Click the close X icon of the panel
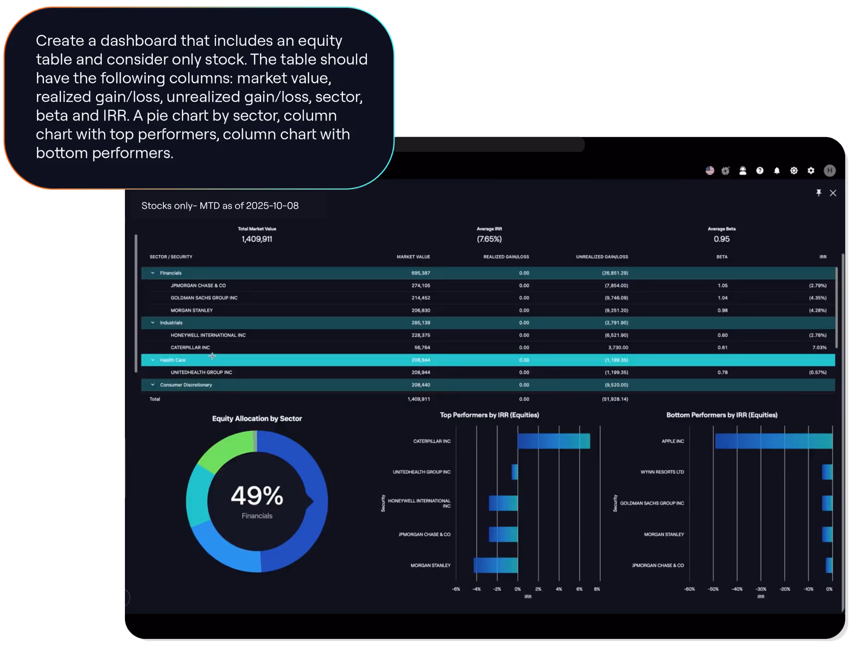(833, 193)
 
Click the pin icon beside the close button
(818, 193)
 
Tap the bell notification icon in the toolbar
(777, 171)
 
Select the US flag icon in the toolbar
(710, 171)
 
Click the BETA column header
(722, 257)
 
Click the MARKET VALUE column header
(413, 257)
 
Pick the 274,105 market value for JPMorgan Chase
(420, 286)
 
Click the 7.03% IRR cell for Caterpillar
(819, 348)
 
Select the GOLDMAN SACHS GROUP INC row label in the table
(204, 298)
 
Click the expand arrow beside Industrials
(153, 323)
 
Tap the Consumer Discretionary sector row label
(186, 385)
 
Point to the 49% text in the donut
(257, 496)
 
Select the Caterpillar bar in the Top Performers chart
(553, 441)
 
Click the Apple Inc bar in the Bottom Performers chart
(773, 441)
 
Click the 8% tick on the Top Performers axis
(597, 589)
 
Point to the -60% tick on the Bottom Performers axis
(689, 589)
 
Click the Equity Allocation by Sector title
(257, 419)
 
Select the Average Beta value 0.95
(721, 239)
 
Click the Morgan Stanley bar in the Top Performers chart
(496, 565)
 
